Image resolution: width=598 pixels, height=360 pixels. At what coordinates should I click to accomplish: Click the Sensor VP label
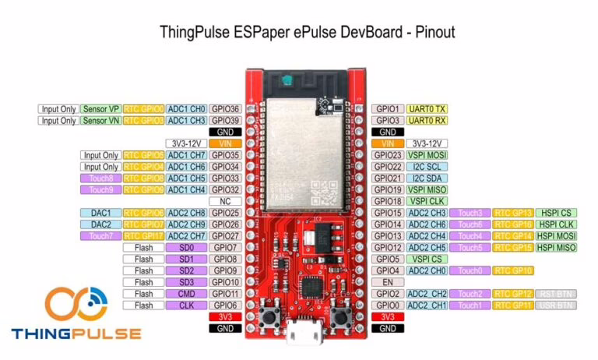point(100,109)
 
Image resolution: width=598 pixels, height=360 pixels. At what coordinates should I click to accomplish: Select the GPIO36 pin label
point(226,109)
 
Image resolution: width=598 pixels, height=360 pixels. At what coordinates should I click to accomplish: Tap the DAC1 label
point(100,213)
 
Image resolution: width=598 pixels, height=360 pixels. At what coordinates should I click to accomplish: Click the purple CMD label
point(186,294)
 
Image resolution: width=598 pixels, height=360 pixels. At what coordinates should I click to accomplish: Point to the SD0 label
point(186,248)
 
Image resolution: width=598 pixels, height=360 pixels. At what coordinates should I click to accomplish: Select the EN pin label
point(387,282)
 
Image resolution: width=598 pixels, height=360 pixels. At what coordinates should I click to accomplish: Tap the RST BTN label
point(556,294)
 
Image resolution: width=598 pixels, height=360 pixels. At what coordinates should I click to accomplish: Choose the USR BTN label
point(556,305)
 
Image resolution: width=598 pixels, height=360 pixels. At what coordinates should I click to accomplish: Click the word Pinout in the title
point(429,33)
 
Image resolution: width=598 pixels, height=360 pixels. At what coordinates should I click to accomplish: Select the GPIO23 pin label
point(387,155)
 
